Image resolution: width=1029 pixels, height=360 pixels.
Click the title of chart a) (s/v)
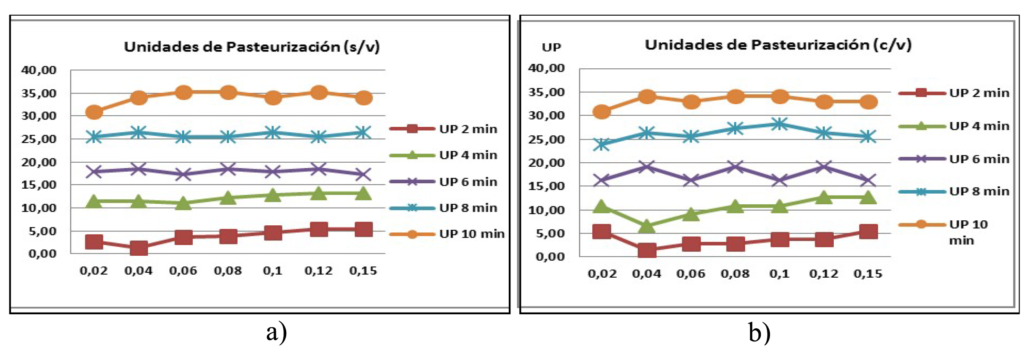[252, 47]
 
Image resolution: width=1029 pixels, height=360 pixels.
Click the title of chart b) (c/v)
[778, 45]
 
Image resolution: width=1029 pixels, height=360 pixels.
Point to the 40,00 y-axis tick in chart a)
[39, 70]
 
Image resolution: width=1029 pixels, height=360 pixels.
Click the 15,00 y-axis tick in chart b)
[546, 186]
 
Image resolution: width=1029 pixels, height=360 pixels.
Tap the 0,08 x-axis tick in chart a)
[228, 271]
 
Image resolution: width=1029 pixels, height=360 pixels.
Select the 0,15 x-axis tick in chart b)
[868, 274]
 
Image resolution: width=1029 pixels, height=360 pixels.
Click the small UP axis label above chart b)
[551, 48]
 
